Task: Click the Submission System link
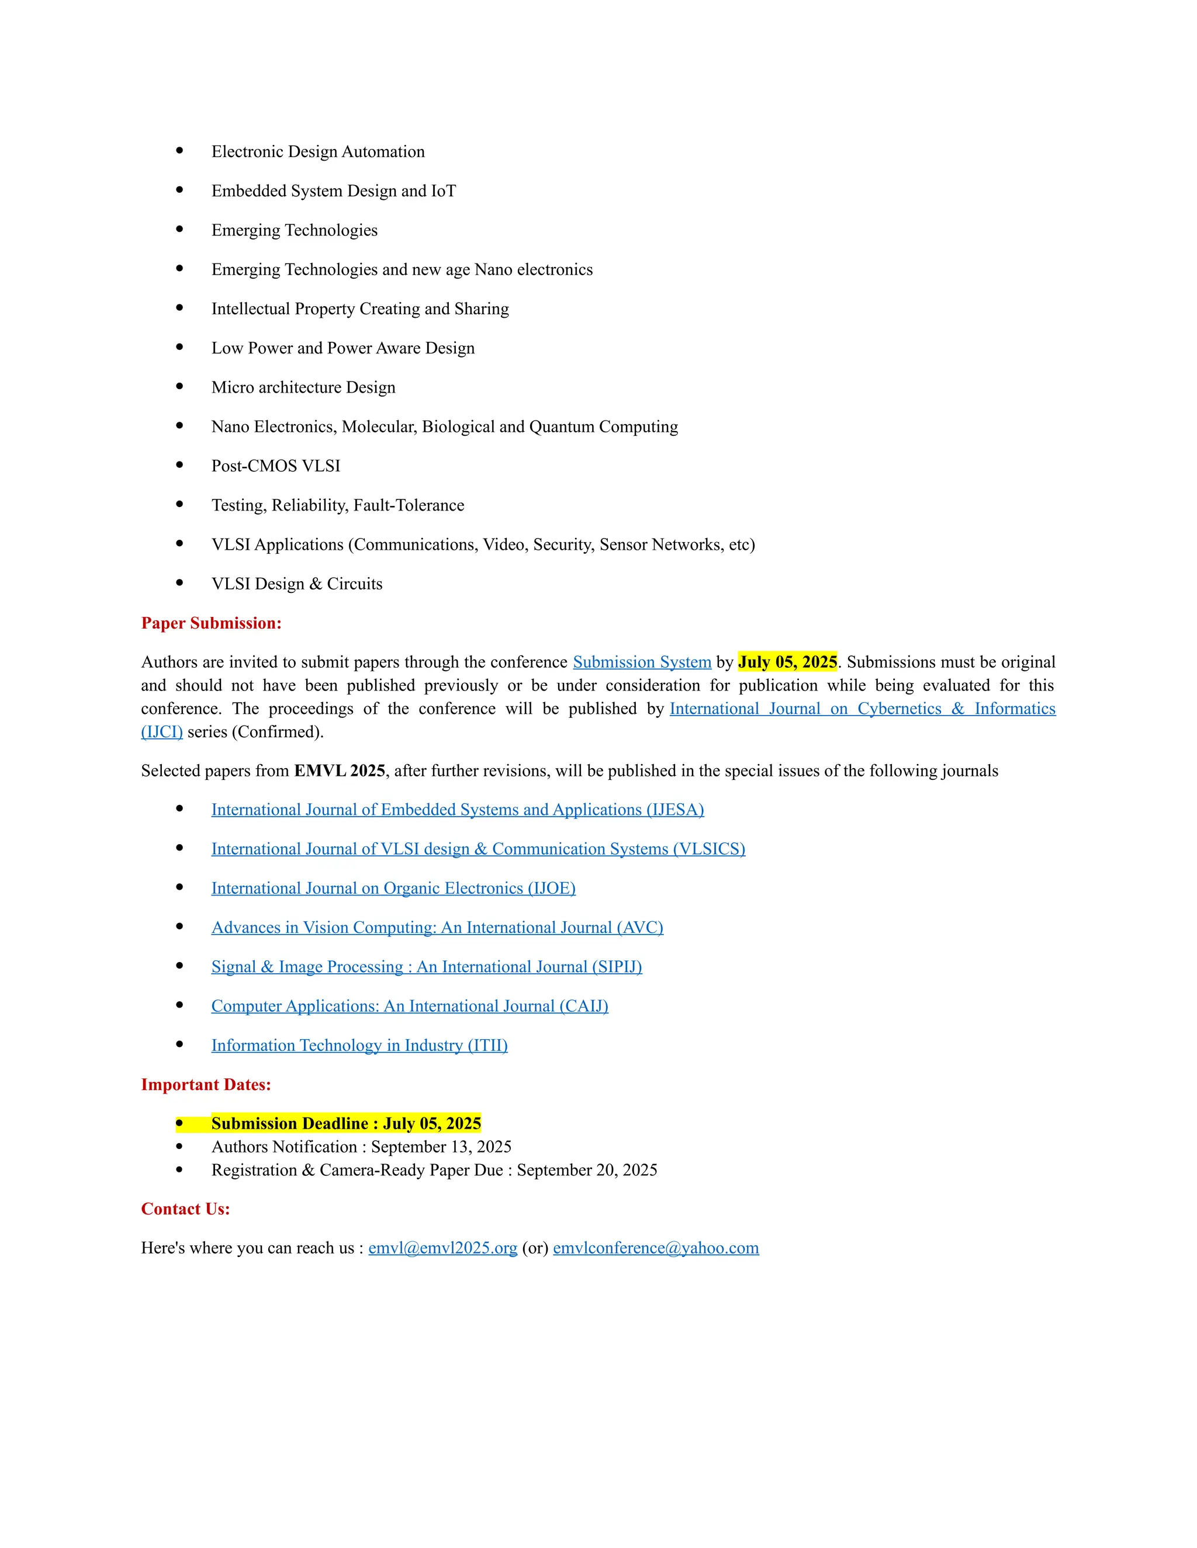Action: (641, 662)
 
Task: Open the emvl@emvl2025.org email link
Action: (442, 1248)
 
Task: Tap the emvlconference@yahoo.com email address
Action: (655, 1248)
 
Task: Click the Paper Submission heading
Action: (212, 623)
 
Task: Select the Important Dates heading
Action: (206, 1084)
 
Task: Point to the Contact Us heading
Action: (185, 1209)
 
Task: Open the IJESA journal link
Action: (458, 810)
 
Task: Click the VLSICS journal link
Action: (478, 849)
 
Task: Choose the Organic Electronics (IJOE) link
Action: (393, 888)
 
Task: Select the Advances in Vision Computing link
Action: (437, 928)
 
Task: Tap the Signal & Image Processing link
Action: (426, 967)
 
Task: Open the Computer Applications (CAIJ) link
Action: (409, 1006)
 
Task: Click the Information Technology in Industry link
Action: (359, 1046)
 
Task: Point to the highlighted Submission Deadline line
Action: (346, 1123)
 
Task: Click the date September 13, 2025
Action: (441, 1147)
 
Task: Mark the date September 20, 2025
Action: (586, 1170)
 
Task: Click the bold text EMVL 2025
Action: (340, 771)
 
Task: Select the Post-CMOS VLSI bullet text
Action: (276, 466)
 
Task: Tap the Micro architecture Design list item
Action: (303, 387)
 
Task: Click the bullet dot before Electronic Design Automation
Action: (179, 151)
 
